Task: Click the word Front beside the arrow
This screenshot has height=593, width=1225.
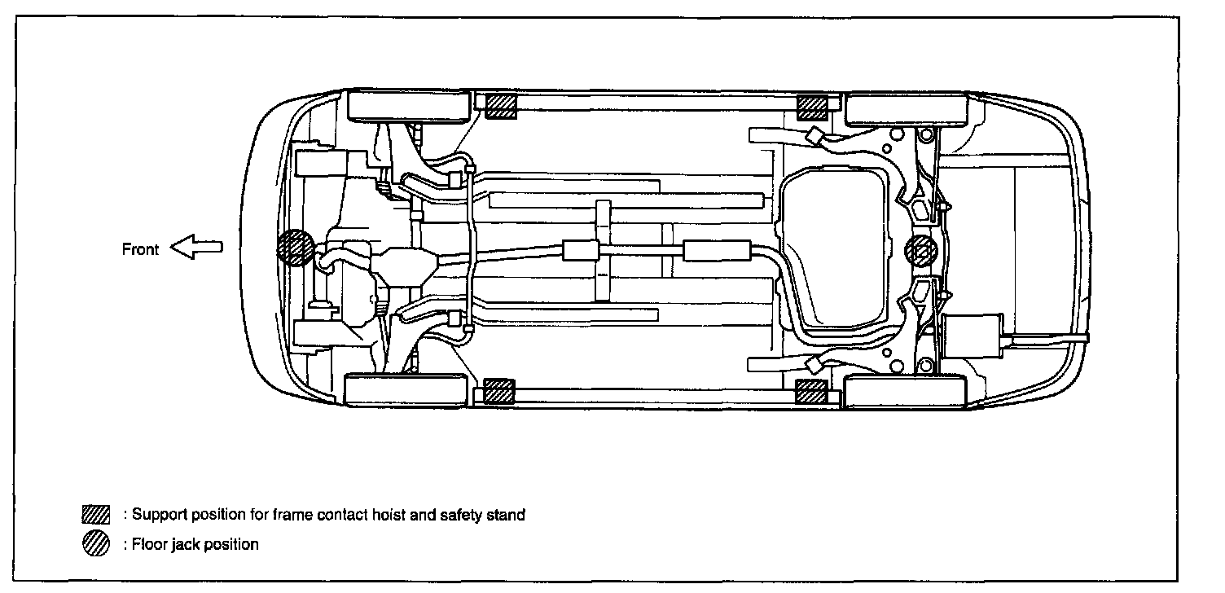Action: (x=140, y=249)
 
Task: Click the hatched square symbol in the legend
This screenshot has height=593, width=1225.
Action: (x=95, y=515)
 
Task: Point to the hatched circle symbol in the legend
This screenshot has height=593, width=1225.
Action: (x=95, y=544)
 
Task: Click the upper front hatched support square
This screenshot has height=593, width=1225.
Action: (x=501, y=106)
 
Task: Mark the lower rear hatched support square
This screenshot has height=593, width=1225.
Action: (x=811, y=391)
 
